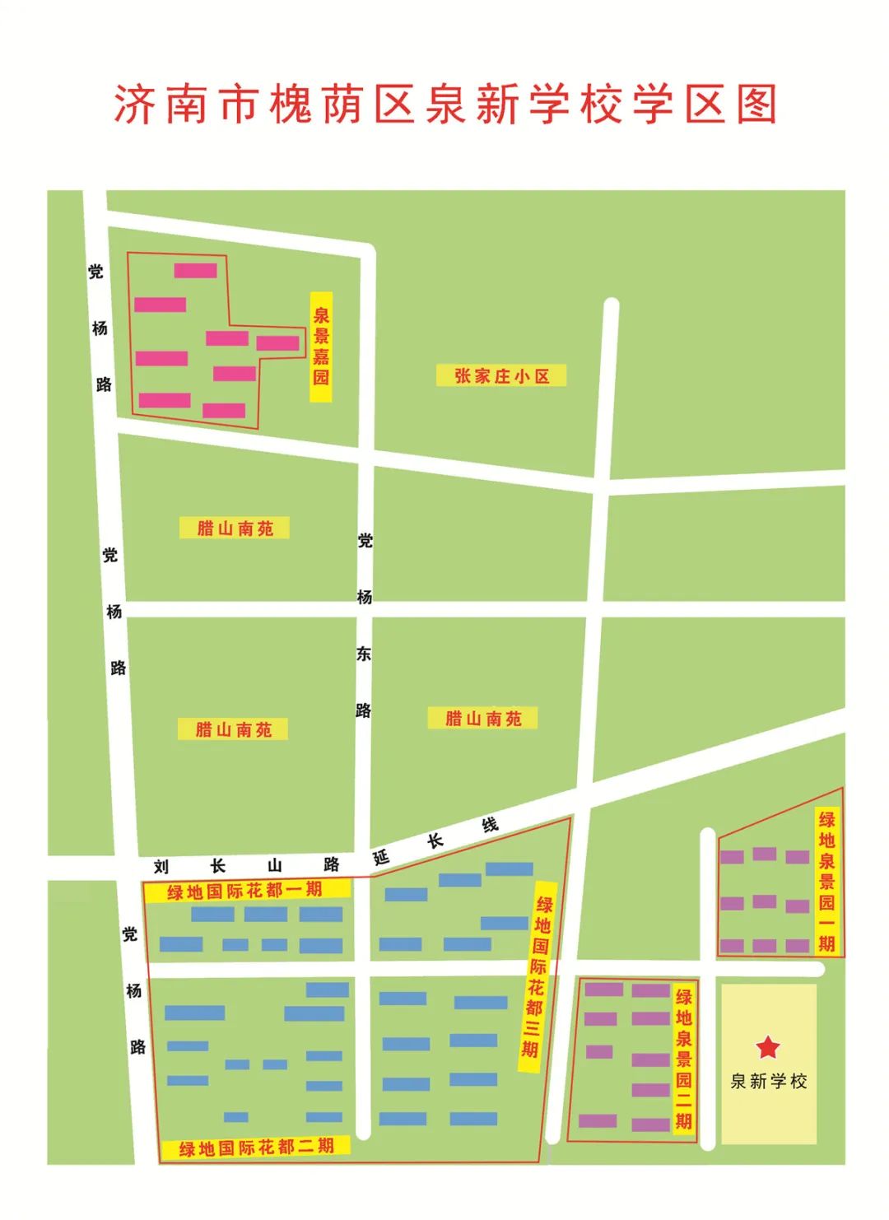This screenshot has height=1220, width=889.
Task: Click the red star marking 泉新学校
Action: coord(768,1047)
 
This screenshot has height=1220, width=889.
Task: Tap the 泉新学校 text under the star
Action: coord(769,1082)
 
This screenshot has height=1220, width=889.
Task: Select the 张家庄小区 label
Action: coord(501,376)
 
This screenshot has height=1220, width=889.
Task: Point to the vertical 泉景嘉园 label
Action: coord(321,347)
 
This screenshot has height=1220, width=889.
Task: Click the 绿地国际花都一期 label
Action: coord(245,891)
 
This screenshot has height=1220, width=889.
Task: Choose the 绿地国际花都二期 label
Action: coord(256,1147)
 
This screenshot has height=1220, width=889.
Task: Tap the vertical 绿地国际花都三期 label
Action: coord(537,976)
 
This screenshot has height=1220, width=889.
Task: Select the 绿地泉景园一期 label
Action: coord(826,881)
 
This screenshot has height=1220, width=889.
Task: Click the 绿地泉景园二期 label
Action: coord(683,1058)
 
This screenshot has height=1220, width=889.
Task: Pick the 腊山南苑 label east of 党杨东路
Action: coord(483,719)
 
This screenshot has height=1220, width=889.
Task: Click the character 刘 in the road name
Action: coord(161,867)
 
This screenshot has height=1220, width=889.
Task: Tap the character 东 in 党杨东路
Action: coord(364,654)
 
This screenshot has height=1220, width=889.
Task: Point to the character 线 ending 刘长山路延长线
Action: coord(491,825)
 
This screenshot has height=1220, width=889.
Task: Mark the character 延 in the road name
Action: coord(381,857)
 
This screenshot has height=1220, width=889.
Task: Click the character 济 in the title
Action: coord(134,105)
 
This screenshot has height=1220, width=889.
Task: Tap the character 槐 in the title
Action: coord(290,105)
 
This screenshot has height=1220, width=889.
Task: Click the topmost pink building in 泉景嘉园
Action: coord(196,270)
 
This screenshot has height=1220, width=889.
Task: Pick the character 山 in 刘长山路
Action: coord(275,866)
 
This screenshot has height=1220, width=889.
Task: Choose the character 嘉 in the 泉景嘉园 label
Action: coord(321,356)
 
